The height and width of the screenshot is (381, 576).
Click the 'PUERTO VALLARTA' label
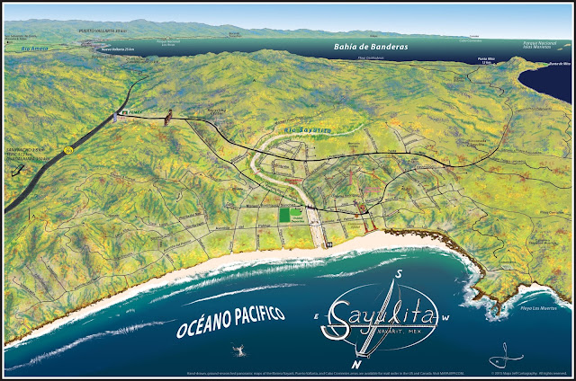pos(101,31)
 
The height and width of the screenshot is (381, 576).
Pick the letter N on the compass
pos(357,365)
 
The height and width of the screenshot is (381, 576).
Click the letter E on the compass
pos(315,316)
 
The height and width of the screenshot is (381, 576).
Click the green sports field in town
pos(289,216)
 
